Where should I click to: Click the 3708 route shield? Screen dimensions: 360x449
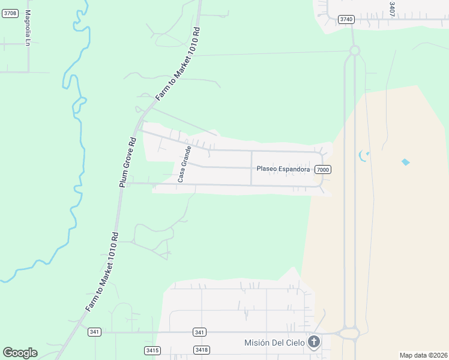(x=10, y=13)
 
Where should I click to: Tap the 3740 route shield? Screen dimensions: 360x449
(x=346, y=19)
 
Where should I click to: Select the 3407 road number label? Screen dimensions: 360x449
(x=391, y=9)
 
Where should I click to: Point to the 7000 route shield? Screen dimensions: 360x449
(x=322, y=170)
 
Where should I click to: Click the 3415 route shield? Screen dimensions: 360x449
(x=152, y=350)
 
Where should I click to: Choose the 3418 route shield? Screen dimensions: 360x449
(x=201, y=350)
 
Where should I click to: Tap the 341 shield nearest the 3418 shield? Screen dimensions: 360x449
(x=200, y=332)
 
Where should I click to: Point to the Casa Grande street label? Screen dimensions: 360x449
(x=184, y=164)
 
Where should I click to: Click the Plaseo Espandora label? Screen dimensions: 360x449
(x=283, y=169)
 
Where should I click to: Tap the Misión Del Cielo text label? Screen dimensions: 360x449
(x=274, y=343)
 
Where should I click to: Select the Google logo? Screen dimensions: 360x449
(x=20, y=353)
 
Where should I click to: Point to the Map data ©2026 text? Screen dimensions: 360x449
(x=423, y=355)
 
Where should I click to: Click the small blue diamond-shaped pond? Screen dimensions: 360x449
(x=406, y=161)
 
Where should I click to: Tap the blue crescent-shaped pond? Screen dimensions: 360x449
(x=363, y=155)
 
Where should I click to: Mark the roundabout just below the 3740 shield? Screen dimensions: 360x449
(x=354, y=50)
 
